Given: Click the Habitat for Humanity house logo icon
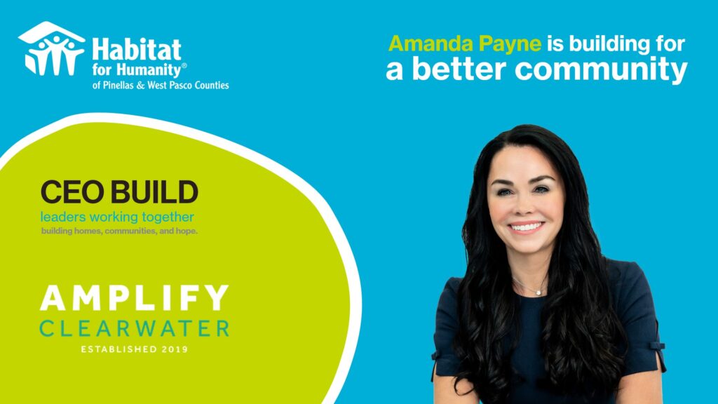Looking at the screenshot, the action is (x=51, y=48).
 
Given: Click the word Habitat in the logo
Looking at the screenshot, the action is (x=137, y=50).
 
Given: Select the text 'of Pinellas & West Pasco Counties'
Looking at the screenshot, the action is (x=161, y=85).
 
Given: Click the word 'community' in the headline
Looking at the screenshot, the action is (x=601, y=69).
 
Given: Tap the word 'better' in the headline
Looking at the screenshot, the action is (x=459, y=69).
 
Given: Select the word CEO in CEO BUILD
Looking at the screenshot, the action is (x=72, y=192).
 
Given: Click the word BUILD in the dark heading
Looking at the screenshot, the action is (x=155, y=192).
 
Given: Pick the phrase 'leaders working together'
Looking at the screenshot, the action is (x=117, y=217).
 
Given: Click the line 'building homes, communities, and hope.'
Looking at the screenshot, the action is (x=119, y=231).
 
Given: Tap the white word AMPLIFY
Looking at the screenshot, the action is (x=134, y=297).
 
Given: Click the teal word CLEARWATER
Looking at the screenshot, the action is (x=134, y=328).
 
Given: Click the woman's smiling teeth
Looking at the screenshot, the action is (x=526, y=227).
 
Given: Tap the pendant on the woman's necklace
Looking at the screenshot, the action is (x=539, y=292).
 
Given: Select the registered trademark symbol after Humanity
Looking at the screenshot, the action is (x=184, y=65).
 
